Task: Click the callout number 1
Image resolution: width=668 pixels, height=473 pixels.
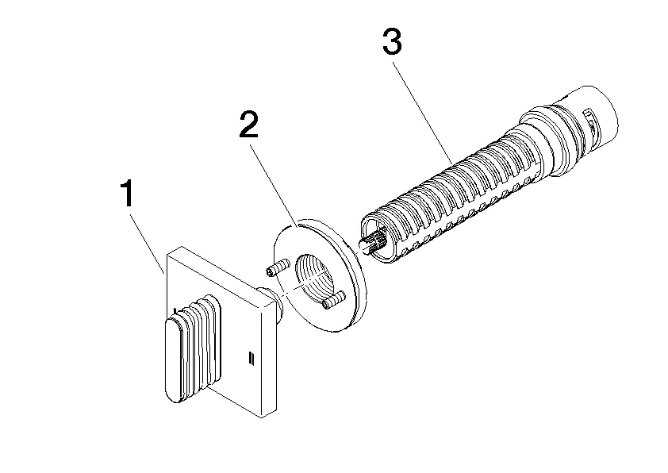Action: click(126, 195)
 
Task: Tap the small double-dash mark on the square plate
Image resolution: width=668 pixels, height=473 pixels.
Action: click(252, 356)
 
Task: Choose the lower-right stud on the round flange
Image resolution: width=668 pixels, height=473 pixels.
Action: click(333, 301)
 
